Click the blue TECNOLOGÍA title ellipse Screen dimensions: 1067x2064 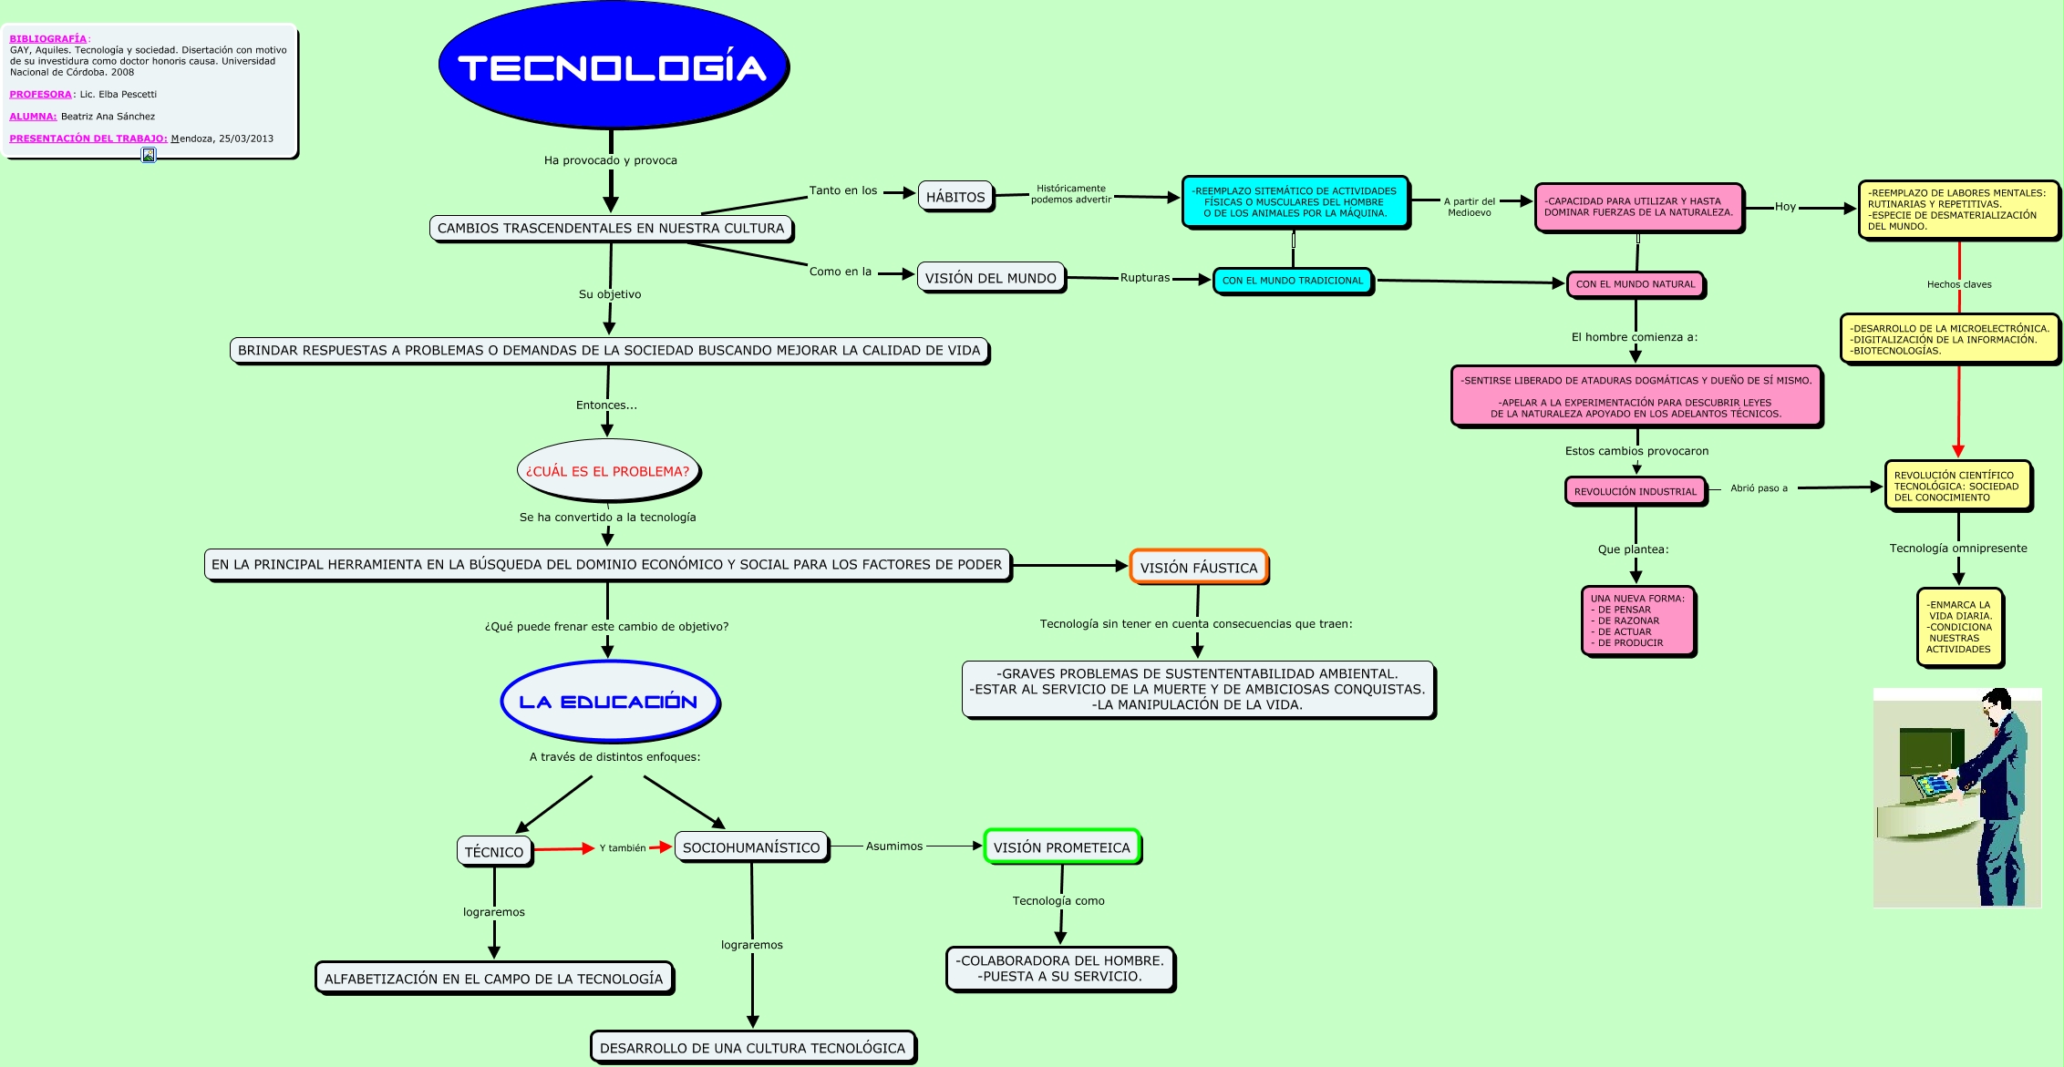613,67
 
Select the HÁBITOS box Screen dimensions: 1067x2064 955,197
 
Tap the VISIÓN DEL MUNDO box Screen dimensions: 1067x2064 990,278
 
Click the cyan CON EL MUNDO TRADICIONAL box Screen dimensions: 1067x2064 1292,281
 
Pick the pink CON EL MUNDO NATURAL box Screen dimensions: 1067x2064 1635,284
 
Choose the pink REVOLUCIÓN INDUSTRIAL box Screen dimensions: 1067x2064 1635,491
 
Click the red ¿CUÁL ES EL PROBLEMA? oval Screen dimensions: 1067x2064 607,471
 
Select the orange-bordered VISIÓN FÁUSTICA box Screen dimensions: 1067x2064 1198,567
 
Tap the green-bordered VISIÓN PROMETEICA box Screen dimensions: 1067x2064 1061,847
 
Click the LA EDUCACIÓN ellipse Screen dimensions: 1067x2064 609,702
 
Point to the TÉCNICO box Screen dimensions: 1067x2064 494,851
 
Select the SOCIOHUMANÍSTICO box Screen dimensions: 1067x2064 751,847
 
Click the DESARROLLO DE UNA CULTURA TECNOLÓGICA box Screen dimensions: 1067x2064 752,1048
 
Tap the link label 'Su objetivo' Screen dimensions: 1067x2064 610,294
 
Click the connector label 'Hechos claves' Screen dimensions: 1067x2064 1959,284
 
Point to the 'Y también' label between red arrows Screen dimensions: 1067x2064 623,848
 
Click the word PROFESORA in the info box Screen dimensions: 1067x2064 40,95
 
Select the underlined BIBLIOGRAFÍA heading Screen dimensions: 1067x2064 47,39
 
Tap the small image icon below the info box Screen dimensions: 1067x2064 149,155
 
